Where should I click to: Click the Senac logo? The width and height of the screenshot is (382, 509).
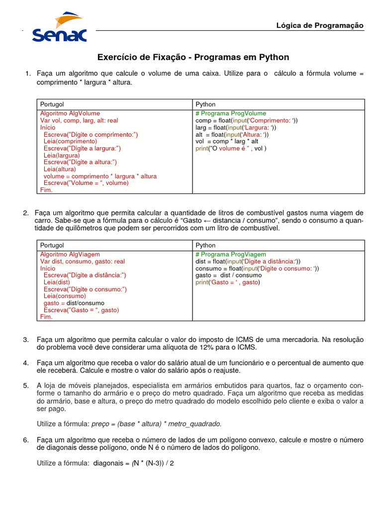(59, 28)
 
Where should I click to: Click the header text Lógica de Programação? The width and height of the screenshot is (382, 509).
(320, 25)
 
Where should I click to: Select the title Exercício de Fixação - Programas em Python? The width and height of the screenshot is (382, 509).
(193, 58)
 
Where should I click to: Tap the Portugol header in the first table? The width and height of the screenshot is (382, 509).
(52, 104)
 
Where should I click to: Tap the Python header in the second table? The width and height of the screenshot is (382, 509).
(205, 245)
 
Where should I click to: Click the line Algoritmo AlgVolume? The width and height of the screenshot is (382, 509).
(70, 113)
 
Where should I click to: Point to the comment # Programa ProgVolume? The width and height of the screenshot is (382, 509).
(231, 113)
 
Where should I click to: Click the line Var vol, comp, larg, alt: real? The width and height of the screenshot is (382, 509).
(79, 120)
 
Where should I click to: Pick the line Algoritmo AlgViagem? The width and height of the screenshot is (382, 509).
(70, 254)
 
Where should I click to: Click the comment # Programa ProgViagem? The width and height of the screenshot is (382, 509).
(231, 254)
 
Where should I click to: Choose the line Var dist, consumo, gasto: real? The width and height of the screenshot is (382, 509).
(83, 261)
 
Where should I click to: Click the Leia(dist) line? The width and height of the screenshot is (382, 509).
(57, 282)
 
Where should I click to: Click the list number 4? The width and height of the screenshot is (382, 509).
(26, 363)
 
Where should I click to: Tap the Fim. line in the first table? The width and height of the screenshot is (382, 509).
(46, 190)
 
